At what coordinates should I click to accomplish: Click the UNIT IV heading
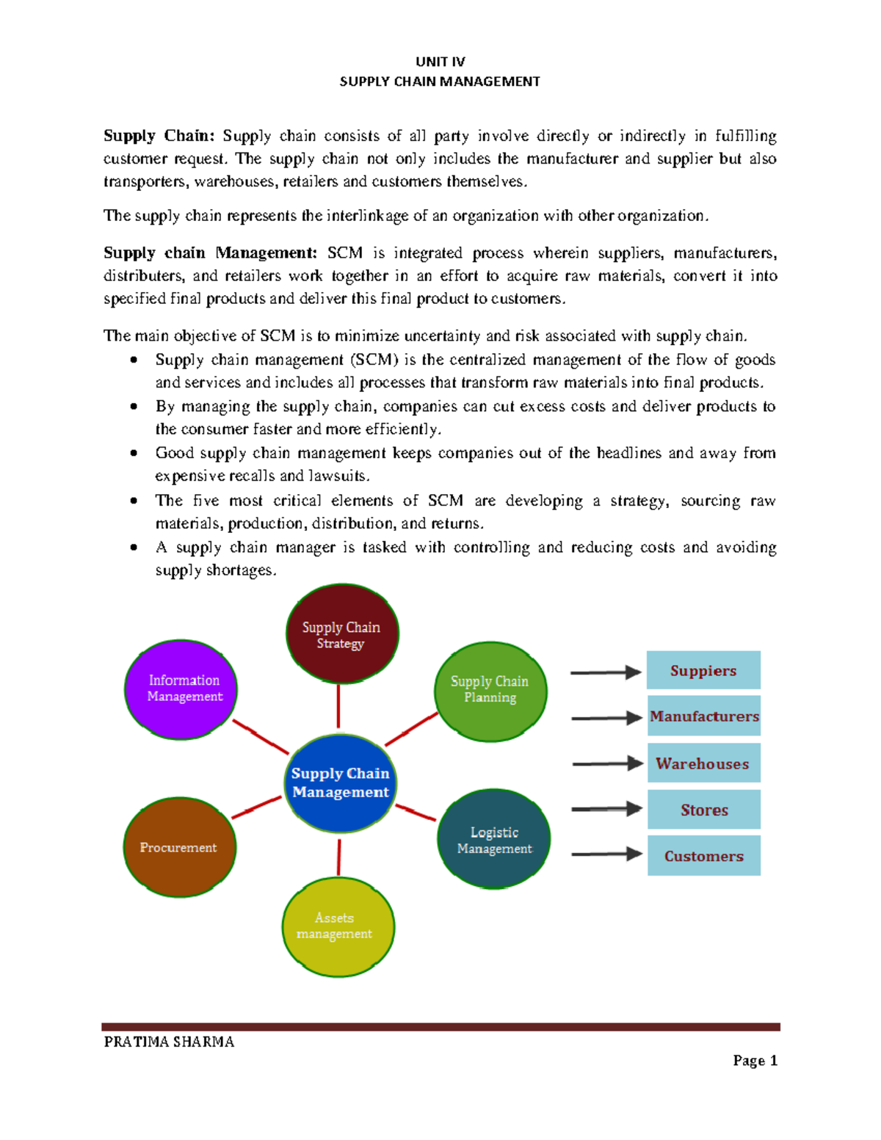pyautogui.click(x=440, y=62)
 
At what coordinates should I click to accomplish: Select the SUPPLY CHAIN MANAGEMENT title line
pyautogui.click(x=440, y=81)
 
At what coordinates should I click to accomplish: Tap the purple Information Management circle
pyautogui.click(x=181, y=689)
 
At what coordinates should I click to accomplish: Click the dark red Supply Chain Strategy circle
pyautogui.click(x=341, y=634)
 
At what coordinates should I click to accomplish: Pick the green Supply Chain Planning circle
pyautogui.click(x=490, y=690)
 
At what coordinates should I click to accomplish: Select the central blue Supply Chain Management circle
pyautogui.click(x=340, y=783)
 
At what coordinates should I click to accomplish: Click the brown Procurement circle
pyautogui.click(x=179, y=847)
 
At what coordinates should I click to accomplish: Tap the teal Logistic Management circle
pyautogui.click(x=493, y=839)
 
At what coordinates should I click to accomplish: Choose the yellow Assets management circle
pyautogui.click(x=338, y=926)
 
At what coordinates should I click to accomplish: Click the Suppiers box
pyautogui.click(x=703, y=670)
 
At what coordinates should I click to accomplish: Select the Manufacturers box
pyautogui.click(x=703, y=716)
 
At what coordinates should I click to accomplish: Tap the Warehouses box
pyautogui.click(x=703, y=763)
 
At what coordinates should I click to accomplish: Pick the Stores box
pyautogui.click(x=703, y=810)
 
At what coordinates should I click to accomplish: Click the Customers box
pyautogui.click(x=703, y=856)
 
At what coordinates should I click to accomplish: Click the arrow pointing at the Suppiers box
pyautogui.click(x=605, y=672)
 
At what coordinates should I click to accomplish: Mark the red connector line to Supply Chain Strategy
pyautogui.click(x=338, y=705)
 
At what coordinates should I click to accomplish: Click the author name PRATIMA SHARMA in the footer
pyautogui.click(x=169, y=1042)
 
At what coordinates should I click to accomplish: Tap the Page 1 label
pyautogui.click(x=755, y=1061)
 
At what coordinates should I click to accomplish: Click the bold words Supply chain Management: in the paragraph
pyautogui.click(x=210, y=253)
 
